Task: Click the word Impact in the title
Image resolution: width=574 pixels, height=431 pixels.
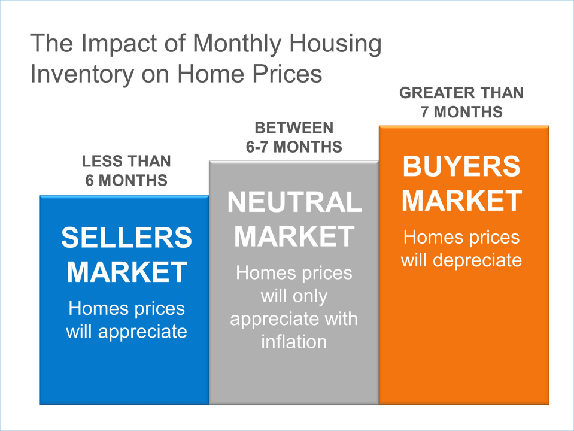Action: coord(110,44)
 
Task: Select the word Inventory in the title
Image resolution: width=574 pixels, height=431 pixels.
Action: coord(75,74)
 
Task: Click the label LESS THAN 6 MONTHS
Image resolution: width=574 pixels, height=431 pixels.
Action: coord(126,171)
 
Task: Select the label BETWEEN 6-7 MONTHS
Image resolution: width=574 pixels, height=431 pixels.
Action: coord(294,136)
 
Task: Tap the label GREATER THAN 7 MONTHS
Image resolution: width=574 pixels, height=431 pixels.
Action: coord(461,102)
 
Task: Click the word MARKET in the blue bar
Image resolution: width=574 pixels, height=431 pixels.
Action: coord(126,272)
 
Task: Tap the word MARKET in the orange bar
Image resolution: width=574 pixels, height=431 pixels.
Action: coord(461,201)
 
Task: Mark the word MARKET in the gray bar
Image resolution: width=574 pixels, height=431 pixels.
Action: coord(294,237)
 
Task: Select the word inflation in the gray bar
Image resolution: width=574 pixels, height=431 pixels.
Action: coord(294,342)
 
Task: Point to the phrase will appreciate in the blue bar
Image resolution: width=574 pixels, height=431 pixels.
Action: coord(126,331)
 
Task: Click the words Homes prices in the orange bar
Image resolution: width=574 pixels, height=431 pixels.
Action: coord(461,238)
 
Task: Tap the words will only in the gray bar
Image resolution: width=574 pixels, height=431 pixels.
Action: coord(294,296)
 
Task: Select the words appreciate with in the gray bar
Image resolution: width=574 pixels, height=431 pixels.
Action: coord(294,319)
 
